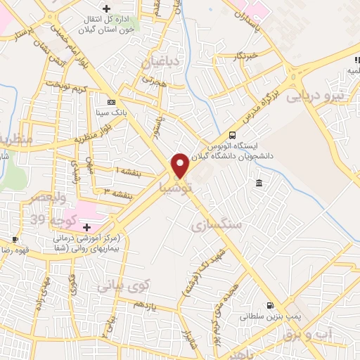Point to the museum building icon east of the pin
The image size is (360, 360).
[259, 184]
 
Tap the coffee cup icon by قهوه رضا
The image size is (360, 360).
[15, 239]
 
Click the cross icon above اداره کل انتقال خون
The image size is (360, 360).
[106, 9]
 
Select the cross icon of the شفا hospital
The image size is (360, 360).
[87, 227]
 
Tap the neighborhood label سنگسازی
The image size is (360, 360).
[216, 225]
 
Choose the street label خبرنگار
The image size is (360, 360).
[247, 56]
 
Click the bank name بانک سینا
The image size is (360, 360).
[111, 112]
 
